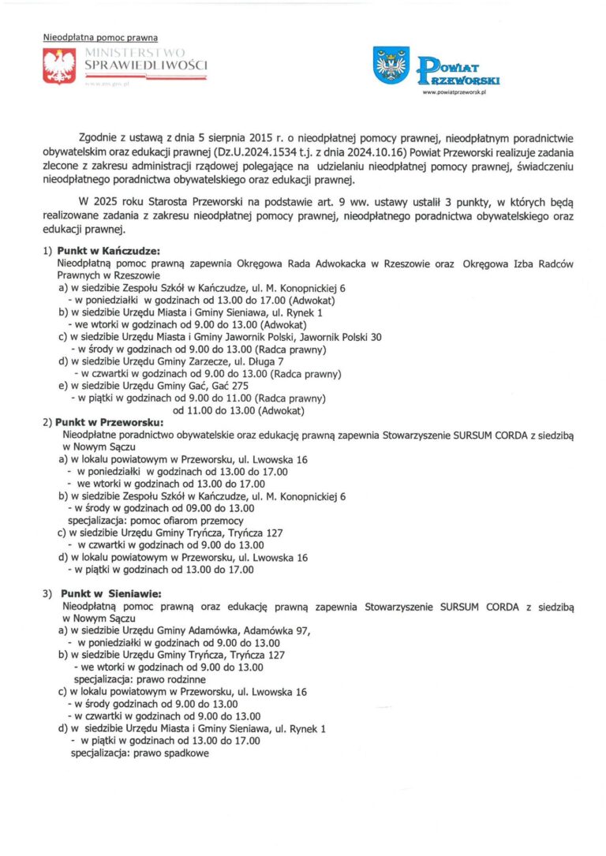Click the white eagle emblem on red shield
[x=58, y=66]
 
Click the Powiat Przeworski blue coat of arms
[x=391, y=65]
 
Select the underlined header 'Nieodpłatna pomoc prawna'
[x=100, y=37]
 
